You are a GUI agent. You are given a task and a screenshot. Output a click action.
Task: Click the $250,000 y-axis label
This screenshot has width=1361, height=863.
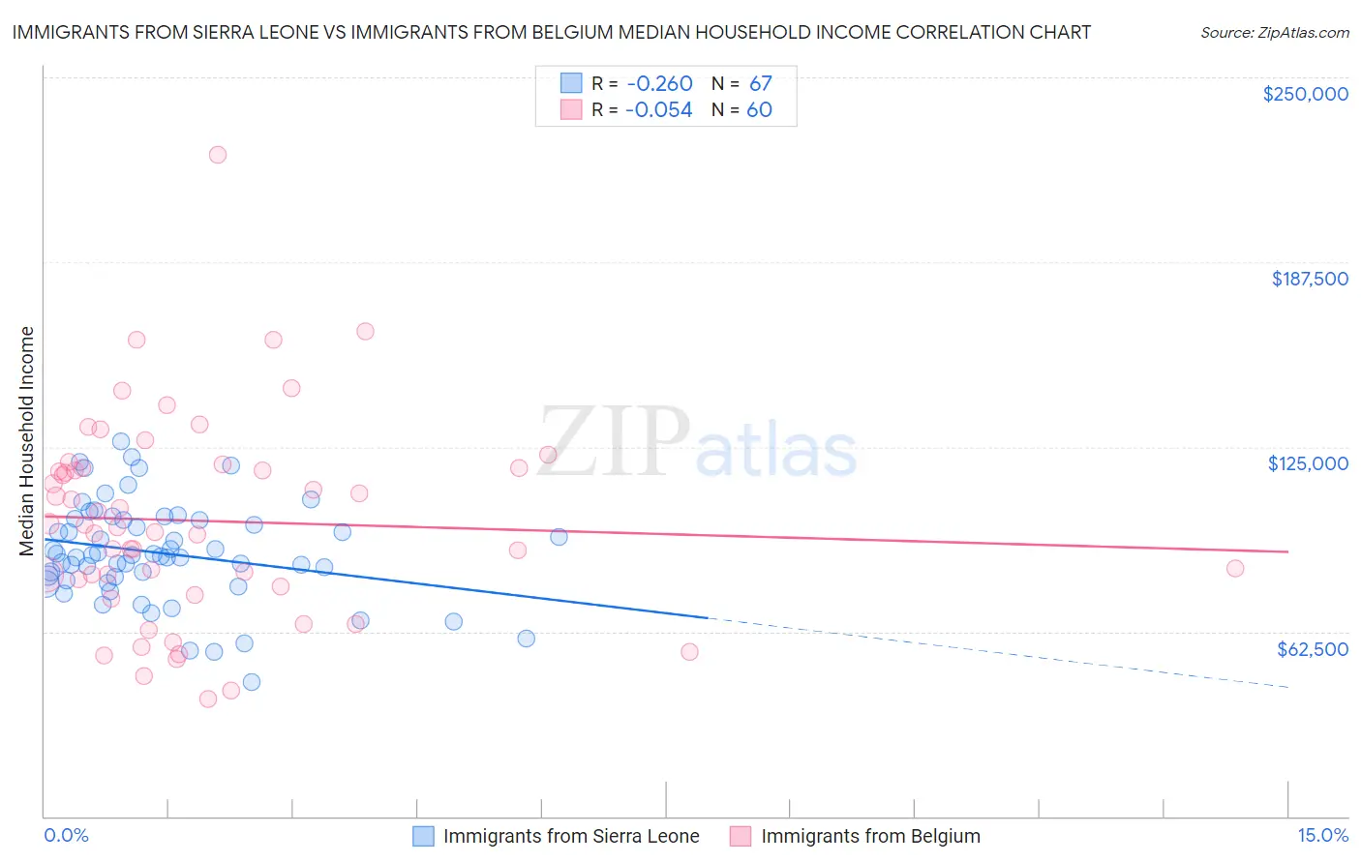1305,94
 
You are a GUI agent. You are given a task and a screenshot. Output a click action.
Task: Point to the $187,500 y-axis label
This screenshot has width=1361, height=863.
1310,279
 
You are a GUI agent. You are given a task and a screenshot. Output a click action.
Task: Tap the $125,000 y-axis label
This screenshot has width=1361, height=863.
1308,463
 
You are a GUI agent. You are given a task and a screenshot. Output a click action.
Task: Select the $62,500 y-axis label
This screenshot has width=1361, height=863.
1312,649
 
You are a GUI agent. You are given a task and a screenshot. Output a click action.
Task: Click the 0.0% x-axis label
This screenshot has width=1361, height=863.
66,835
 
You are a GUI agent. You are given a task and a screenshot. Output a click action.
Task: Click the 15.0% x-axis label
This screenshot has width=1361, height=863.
1322,835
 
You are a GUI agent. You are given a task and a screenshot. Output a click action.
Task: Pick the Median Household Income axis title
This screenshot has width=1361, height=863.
27,441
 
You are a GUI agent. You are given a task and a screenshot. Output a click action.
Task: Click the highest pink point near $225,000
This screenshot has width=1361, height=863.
218,155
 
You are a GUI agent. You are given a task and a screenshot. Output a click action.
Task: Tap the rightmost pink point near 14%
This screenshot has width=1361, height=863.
1235,569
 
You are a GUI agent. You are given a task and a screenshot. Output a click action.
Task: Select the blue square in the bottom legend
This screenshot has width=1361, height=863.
423,836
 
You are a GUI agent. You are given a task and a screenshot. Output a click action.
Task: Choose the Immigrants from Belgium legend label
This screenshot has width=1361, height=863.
870,836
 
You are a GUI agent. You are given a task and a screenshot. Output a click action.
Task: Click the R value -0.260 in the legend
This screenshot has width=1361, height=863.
659,83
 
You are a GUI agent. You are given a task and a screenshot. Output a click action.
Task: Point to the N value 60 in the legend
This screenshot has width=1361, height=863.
759,110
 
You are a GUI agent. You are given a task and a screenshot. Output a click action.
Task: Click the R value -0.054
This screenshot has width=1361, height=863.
659,110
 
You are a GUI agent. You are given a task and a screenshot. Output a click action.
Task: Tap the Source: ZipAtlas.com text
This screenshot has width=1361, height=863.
1274,33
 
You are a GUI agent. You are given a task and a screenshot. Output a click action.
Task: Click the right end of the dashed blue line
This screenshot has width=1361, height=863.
1287,687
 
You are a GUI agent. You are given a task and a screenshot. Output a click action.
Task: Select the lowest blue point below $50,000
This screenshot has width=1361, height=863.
252,682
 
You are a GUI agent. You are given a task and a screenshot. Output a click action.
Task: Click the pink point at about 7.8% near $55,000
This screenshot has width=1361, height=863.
689,652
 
